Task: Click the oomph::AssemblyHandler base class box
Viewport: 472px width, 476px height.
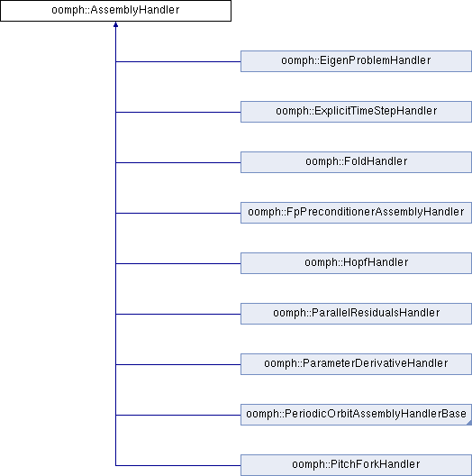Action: coord(115,11)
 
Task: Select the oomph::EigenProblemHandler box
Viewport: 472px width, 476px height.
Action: coord(356,61)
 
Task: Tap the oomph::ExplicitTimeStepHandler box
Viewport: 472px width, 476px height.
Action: coord(356,112)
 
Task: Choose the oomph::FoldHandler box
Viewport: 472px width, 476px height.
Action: coord(356,162)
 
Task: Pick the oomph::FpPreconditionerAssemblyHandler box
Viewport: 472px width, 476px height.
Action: coord(356,213)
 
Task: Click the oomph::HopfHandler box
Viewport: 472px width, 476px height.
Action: coord(356,263)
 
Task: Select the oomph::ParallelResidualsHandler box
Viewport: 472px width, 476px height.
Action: coord(356,314)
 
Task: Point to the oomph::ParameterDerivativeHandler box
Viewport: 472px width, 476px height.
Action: coord(356,364)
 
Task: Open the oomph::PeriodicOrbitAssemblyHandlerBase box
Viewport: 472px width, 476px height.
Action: coord(356,415)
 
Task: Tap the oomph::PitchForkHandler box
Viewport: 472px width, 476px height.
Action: coord(356,465)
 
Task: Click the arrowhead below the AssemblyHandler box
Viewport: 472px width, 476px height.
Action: coord(115,24)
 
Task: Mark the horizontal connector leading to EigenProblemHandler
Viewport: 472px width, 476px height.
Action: coord(178,61)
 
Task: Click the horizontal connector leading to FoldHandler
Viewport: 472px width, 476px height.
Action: coord(178,162)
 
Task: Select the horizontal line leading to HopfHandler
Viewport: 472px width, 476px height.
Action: coord(178,263)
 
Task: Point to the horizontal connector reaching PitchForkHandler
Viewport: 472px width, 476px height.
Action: coord(178,465)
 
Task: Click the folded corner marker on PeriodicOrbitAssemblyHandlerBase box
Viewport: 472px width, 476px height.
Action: coord(470,423)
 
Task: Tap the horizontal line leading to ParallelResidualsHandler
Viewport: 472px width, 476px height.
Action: coord(178,315)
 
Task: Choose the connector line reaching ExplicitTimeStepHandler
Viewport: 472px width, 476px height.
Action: coord(178,112)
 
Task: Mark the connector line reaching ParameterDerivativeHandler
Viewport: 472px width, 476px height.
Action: coord(178,364)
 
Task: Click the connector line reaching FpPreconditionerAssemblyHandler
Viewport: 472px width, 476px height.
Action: coord(178,213)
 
